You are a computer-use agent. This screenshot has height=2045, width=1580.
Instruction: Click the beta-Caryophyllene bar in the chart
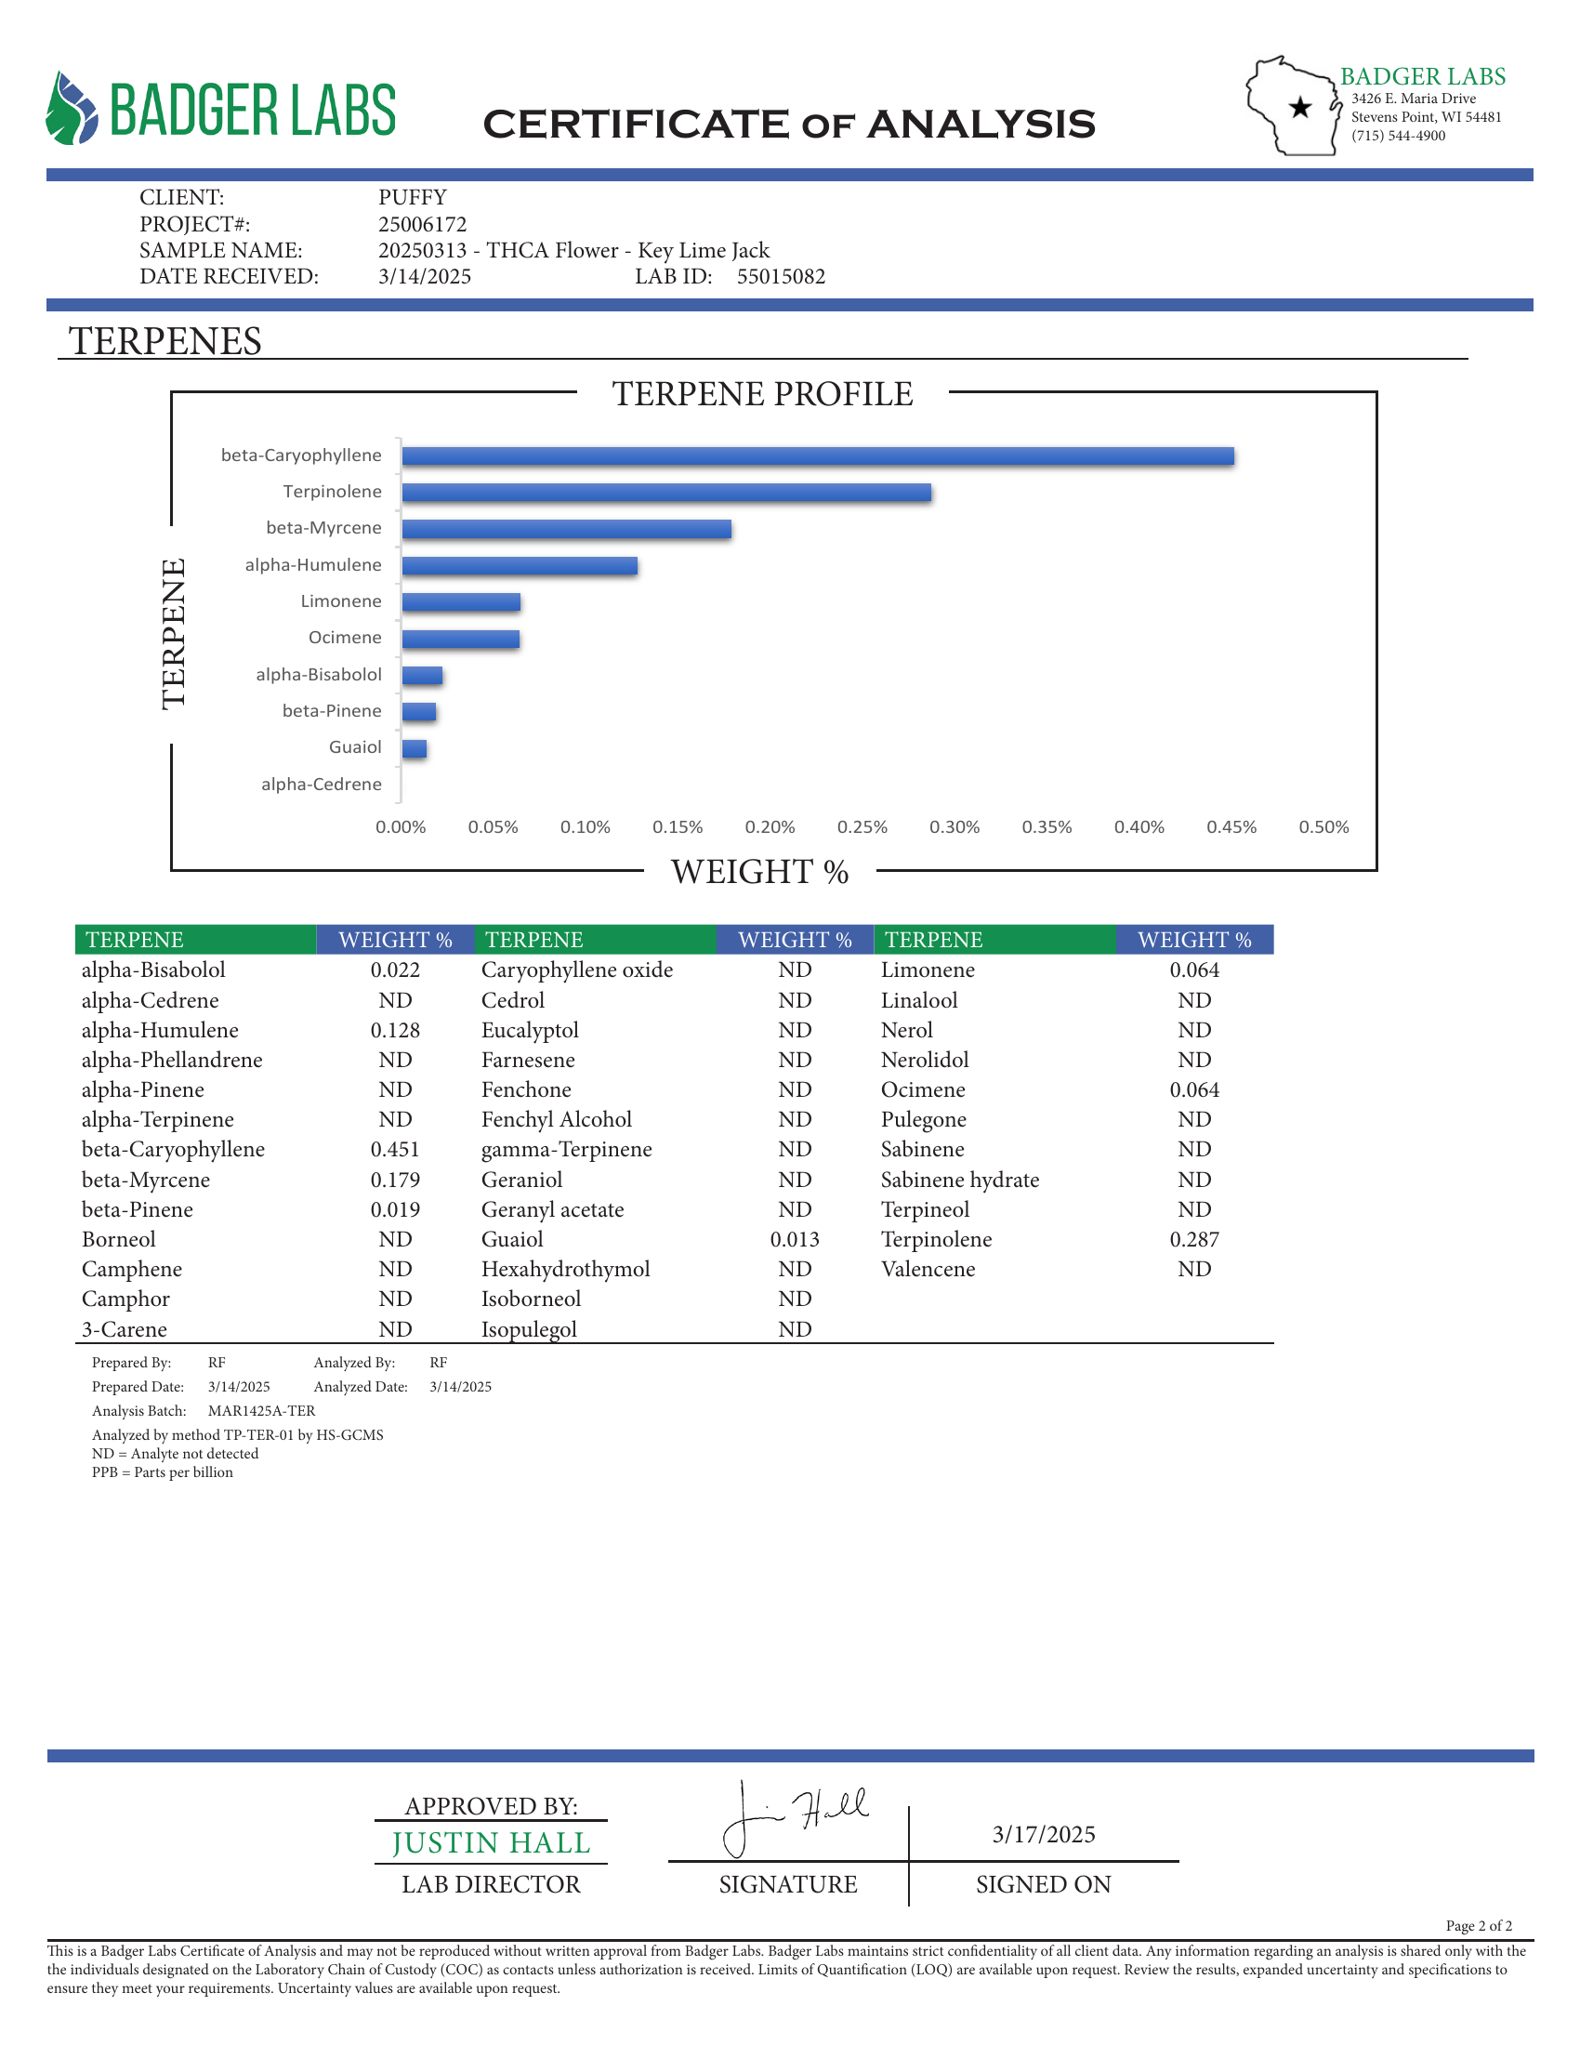817,456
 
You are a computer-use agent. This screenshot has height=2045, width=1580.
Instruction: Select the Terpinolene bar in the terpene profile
666,493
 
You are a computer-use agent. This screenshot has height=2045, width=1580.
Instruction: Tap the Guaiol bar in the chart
415,748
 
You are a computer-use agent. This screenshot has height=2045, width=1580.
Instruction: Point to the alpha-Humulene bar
520,565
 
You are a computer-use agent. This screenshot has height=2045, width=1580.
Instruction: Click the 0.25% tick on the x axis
862,826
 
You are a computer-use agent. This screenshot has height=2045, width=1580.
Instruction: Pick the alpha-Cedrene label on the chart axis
321,784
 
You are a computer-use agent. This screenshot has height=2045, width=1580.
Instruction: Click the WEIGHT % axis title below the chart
760,872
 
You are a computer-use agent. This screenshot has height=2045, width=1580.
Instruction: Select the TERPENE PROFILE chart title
763,394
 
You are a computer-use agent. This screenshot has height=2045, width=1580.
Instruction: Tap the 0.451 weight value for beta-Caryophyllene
395,1149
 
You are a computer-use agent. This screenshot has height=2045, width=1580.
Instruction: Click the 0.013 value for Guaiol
795,1239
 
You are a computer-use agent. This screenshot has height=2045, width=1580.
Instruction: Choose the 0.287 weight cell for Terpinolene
1194,1239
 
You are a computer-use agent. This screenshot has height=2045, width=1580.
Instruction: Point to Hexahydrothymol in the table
565,1269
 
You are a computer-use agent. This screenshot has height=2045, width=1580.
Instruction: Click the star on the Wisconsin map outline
1300,107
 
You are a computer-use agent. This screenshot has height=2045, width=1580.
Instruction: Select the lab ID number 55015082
781,276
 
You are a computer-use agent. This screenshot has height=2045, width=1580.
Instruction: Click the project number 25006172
422,224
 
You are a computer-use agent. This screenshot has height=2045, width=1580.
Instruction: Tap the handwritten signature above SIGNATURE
796,1816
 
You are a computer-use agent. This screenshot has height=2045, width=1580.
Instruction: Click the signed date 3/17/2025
1044,1834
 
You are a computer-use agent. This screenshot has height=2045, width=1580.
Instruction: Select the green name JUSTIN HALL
492,1842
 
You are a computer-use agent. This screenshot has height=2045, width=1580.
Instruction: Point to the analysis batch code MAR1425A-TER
261,1410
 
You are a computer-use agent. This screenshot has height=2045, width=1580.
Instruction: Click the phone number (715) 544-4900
1399,136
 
